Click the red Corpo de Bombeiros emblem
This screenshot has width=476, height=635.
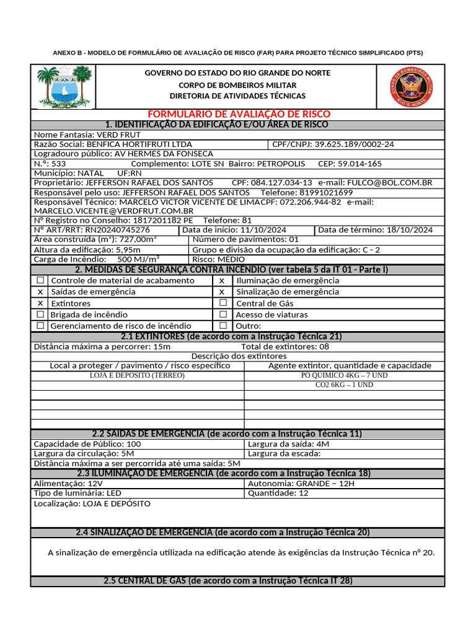pyautogui.click(x=411, y=86)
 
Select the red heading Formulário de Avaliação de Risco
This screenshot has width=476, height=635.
pyautogui.click(x=239, y=114)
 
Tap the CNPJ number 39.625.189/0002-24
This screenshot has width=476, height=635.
pyautogui.click(x=354, y=144)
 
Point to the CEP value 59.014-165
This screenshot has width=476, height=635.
pyautogui.click(x=359, y=164)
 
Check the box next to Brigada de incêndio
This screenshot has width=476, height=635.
pyautogui.click(x=40, y=314)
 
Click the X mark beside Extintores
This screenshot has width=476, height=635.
pyautogui.click(x=40, y=303)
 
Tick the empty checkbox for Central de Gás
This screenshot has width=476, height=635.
pyautogui.click(x=223, y=303)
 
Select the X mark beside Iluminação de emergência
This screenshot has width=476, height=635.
pyautogui.click(x=222, y=281)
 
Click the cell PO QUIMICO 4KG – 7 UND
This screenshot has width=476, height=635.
pyautogui.click(x=344, y=376)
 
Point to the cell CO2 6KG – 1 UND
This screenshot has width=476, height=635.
pyautogui.click(x=344, y=385)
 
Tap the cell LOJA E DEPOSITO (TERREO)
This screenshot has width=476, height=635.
pyautogui.click(x=137, y=376)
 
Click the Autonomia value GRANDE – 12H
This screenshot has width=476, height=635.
pyautogui.click(x=325, y=483)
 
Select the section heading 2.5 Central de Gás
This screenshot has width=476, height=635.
pyautogui.click(x=228, y=581)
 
